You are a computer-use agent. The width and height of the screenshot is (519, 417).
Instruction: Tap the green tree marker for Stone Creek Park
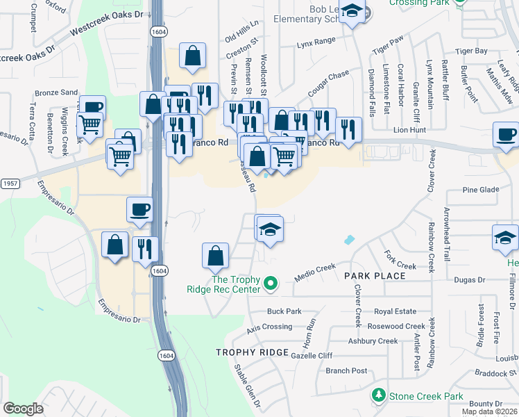tap(379, 396)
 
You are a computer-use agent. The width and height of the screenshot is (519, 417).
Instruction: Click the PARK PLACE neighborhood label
tap(375, 276)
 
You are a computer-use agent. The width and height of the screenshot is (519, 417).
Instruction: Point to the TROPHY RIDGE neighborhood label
tap(251, 352)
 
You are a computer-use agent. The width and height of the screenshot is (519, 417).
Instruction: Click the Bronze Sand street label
tap(57, 92)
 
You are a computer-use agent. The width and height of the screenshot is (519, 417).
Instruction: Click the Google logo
tap(23, 409)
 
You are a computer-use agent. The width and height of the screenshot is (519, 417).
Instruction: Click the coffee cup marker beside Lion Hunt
tap(507, 134)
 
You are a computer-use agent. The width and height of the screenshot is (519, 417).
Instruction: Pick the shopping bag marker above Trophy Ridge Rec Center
tap(216, 254)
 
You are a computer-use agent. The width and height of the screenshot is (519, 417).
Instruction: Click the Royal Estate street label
tap(395, 312)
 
